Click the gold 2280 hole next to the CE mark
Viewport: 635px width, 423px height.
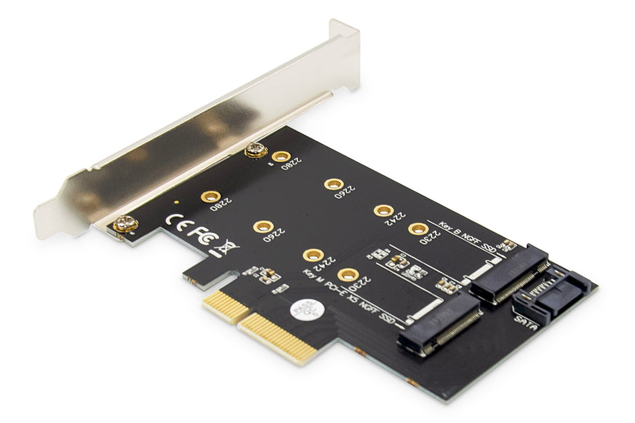click(210, 196)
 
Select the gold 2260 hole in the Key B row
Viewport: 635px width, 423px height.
click(332, 184)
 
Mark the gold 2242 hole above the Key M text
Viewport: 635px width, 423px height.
click(312, 255)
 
